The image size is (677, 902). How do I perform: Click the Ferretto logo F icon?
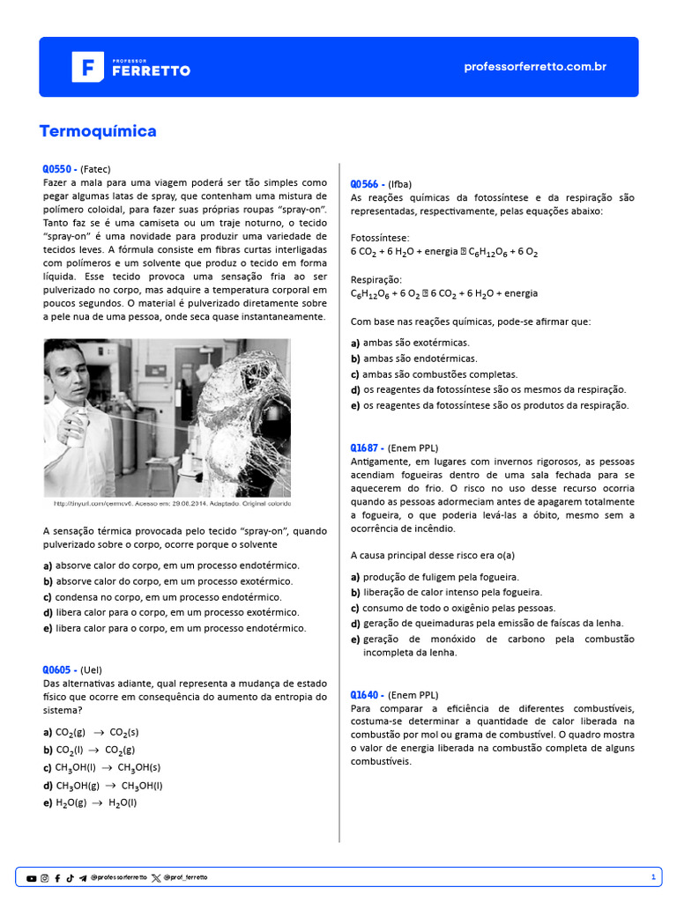tap(87, 67)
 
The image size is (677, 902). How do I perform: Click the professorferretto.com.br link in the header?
tap(534, 67)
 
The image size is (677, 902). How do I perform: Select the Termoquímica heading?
tap(98, 131)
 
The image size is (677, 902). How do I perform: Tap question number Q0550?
tap(59, 168)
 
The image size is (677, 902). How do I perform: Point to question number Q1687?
tap(367, 447)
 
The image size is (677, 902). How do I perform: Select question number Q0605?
tap(59, 669)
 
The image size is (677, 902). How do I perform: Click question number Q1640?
tap(367, 694)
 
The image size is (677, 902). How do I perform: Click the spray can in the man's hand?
tap(78, 430)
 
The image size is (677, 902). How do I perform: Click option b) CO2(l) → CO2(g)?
tap(89, 750)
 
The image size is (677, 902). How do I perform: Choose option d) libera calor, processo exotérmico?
tap(167, 612)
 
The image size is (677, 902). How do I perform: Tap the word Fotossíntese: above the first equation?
tap(380, 238)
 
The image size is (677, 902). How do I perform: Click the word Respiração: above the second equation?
tap(376, 279)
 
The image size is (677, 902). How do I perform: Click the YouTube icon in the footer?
tap(32, 878)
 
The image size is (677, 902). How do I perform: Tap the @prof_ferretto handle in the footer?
tap(186, 878)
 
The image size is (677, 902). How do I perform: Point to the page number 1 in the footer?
tap(652, 877)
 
